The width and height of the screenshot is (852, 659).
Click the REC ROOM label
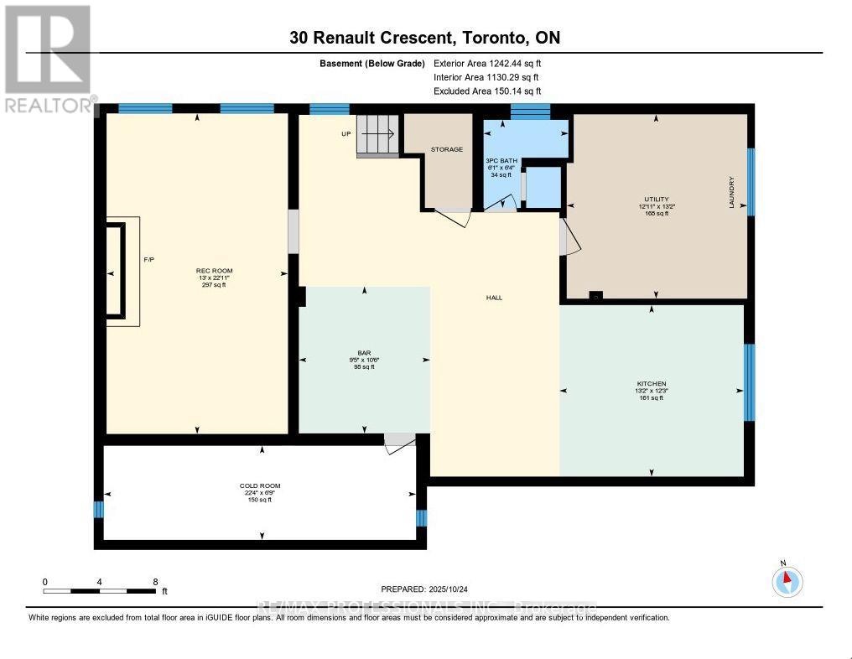click(213, 270)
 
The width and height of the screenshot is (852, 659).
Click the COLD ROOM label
click(259, 485)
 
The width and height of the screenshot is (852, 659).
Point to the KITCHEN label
click(651, 384)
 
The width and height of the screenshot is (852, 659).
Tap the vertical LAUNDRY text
click(731, 192)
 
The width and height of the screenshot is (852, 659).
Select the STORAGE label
click(446, 149)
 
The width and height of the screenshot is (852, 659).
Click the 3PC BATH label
click(500, 160)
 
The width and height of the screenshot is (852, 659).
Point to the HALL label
click(494, 298)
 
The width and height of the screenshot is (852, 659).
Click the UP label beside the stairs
click(345, 133)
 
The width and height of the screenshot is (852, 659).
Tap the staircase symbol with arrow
click(378, 135)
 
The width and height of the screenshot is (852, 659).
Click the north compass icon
click(787, 580)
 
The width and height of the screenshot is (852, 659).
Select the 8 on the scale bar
click(155, 581)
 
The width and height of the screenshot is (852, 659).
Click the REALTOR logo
click(49, 59)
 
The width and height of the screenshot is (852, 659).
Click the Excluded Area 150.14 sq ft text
click(486, 91)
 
